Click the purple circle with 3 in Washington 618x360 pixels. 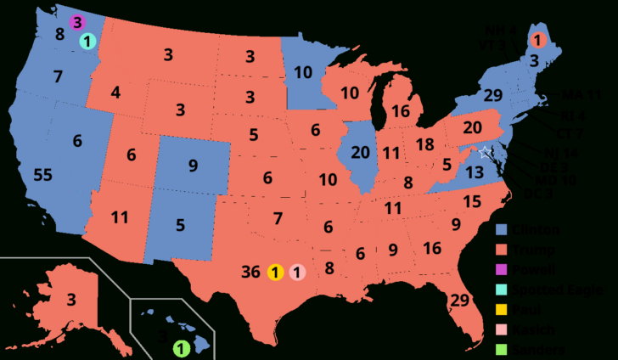[x=77, y=21]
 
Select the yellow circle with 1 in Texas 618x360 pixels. [x=275, y=273]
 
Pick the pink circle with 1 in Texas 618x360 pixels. [x=296, y=273]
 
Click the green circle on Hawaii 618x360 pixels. [x=180, y=347]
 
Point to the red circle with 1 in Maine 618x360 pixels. [x=537, y=39]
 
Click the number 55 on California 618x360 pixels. [x=42, y=175]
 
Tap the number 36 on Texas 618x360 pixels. [x=250, y=273]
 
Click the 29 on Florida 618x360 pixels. [x=461, y=300]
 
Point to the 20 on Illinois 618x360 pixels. [x=359, y=151]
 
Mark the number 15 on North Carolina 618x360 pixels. [x=472, y=201]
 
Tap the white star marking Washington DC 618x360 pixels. [x=484, y=153]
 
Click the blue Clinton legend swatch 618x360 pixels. [x=501, y=230]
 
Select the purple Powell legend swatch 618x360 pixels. [x=501, y=270]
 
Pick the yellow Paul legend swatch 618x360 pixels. [x=501, y=310]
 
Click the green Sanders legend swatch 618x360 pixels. [x=501, y=349]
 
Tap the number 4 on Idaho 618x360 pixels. [x=115, y=91]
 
